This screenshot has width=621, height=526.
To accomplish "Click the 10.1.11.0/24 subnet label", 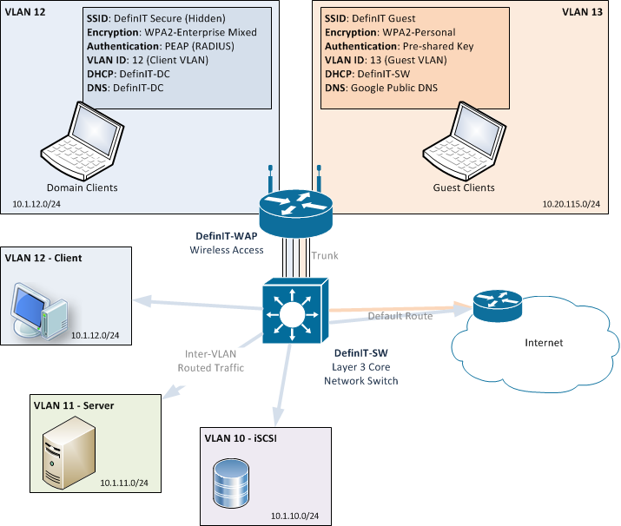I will [x=123, y=482].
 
